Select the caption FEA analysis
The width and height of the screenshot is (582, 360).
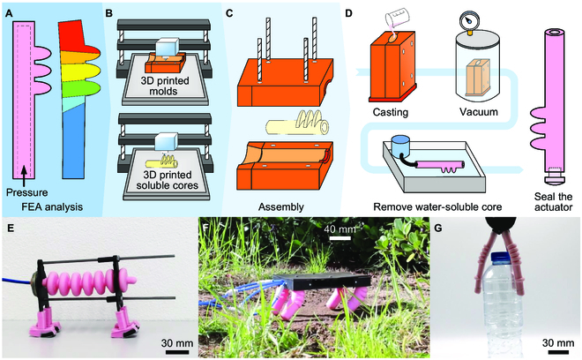[49, 209]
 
